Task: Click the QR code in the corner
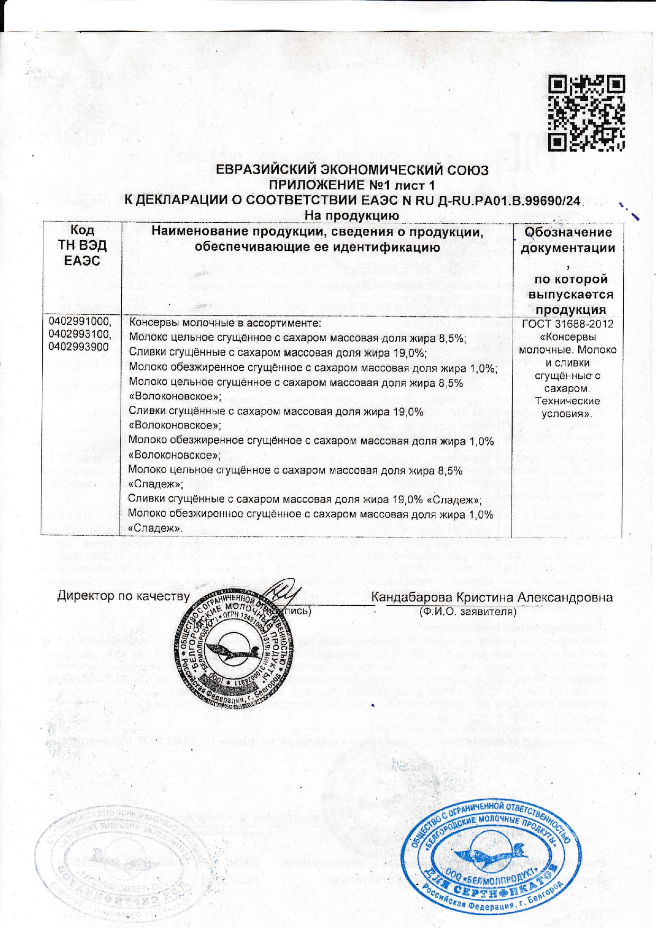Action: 586,113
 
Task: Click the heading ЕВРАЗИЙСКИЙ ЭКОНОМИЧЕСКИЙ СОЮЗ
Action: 352,170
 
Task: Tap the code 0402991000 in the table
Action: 80,322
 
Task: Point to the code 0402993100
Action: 80,334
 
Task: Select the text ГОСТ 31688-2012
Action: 568,324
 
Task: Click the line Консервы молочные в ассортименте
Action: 225,323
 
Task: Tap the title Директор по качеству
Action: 123,596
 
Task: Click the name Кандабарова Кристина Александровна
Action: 492,597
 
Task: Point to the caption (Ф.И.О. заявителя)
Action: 467,612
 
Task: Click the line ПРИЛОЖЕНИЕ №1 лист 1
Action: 352,185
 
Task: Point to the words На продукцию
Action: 351,215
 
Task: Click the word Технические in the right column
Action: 568,401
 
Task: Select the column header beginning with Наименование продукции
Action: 317,239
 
